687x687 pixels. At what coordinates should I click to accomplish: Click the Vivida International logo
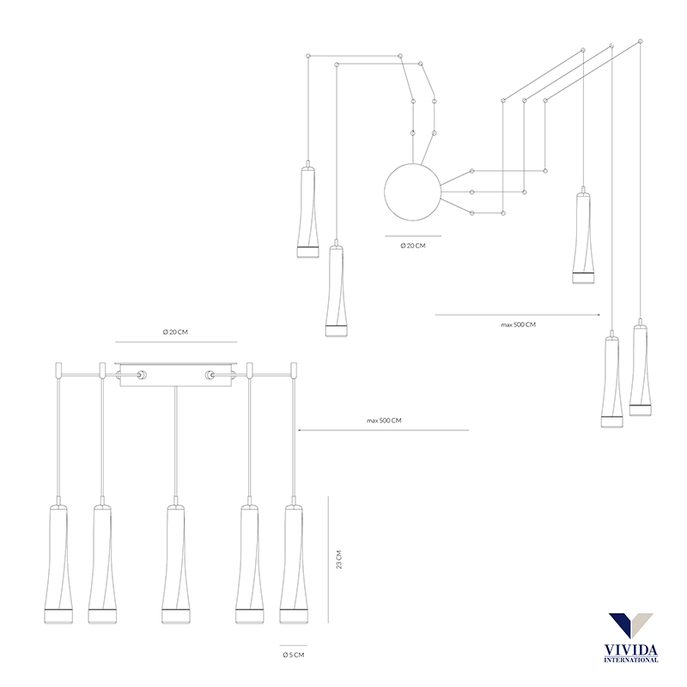tap(631, 637)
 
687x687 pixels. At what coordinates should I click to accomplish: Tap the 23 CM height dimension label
tap(338, 560)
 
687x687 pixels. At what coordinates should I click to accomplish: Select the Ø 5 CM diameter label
tap(294, 655)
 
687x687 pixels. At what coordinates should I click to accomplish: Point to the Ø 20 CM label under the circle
tap(413, 246)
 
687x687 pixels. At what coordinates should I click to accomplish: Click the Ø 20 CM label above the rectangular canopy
tap(175, 332)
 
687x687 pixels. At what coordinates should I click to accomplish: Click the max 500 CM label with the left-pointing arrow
tap(384, 421)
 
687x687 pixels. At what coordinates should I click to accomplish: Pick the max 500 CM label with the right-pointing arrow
tap(519, 325)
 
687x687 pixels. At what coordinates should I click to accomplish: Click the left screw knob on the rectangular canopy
tap(141, 375)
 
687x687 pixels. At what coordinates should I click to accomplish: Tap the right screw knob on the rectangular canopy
tap(210, 375)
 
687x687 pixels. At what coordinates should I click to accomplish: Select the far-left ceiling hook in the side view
tap(58, 370)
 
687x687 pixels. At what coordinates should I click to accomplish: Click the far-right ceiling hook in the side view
tap(294, 370)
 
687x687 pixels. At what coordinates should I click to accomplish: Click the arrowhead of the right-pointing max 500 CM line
tap(598, 314)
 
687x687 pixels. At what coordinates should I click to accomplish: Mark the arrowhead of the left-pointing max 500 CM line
tap(300, 430)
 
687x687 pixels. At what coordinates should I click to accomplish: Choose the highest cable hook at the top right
tap(641, 41)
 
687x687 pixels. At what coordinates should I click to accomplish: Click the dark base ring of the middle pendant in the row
tap(175, 610)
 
